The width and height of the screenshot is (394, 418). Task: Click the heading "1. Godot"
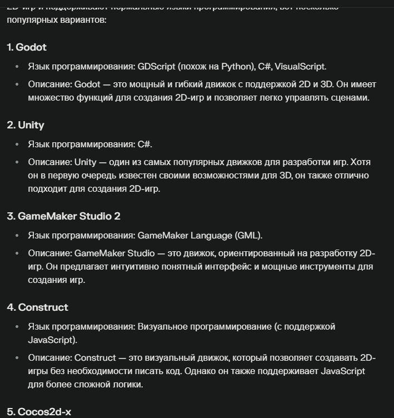27,47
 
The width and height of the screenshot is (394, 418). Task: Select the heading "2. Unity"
26,125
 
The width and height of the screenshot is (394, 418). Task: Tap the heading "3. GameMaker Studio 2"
63,216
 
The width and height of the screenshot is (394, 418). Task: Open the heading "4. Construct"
38,307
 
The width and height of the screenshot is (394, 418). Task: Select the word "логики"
126,384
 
